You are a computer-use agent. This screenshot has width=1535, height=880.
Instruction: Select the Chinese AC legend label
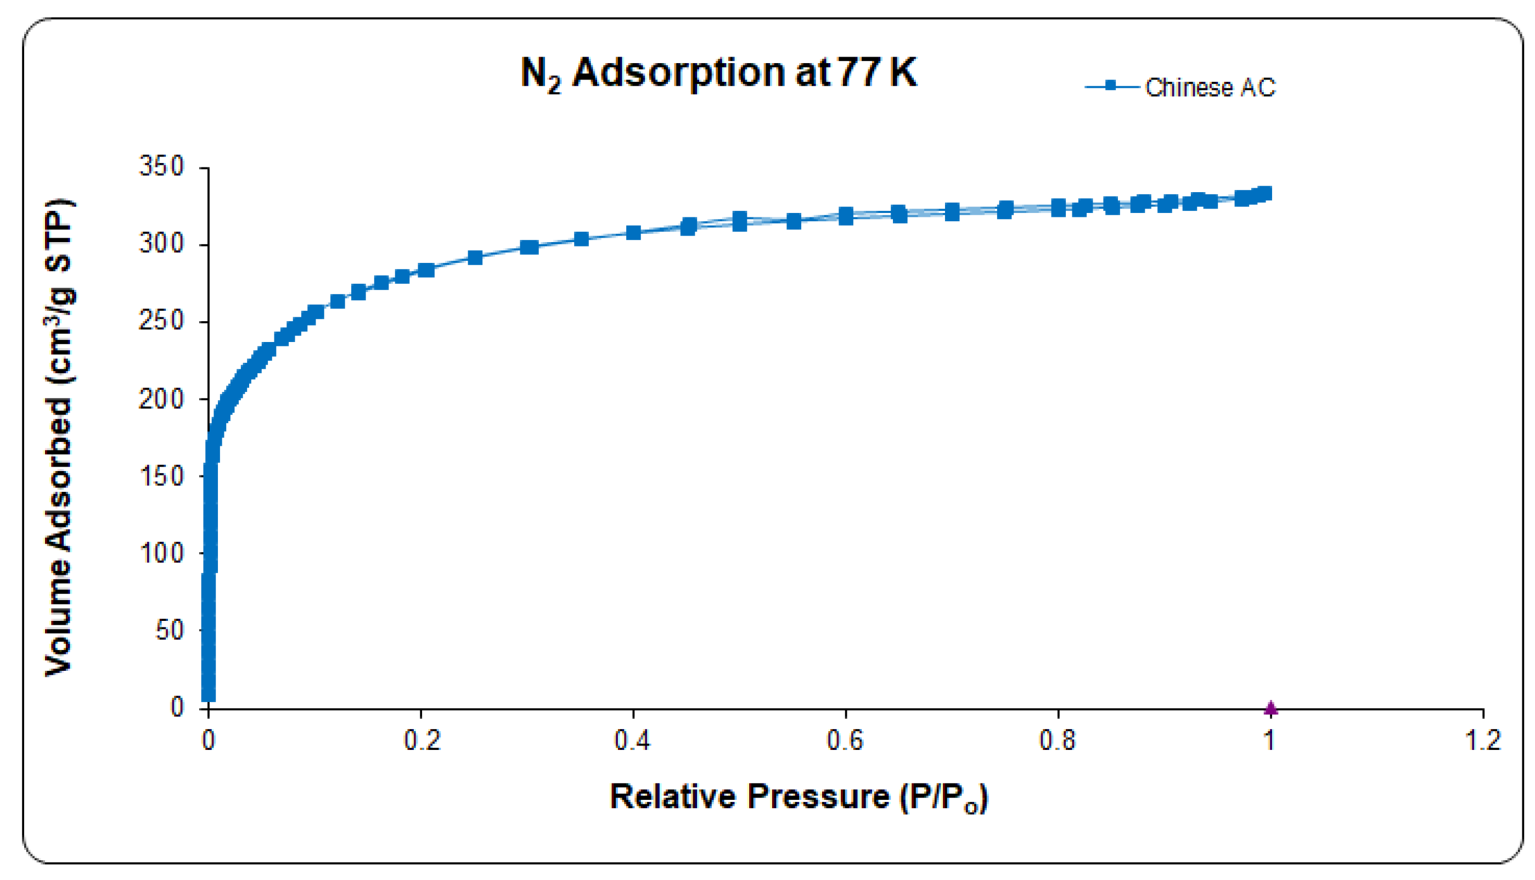point(1210,88)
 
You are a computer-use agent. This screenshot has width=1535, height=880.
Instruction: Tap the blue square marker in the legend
point(1110,86)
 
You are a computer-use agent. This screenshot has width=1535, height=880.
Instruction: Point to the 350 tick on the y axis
point(161,166)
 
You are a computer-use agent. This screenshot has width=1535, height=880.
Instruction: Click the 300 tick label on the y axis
point(161,244)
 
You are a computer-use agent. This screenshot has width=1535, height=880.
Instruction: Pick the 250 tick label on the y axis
point(161,321)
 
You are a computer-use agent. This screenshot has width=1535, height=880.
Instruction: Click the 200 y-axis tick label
point(161,399)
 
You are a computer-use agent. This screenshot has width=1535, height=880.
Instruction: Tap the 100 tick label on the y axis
point(161,553)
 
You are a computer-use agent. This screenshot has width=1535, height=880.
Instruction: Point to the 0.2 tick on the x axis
point(421,741)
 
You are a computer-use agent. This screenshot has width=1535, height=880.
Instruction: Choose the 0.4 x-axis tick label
point(632,741)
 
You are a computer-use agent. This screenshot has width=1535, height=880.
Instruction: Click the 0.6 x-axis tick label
point(845,741)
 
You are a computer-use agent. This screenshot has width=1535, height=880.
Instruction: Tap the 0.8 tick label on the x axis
point(1058,741)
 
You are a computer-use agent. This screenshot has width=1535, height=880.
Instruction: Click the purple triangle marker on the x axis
point(1271,707)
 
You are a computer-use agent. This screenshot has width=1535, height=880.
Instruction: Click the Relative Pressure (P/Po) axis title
point(799,797)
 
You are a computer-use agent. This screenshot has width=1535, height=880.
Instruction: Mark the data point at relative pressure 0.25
point(475,258)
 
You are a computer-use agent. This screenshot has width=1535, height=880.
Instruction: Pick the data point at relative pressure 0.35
point(581,239)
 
